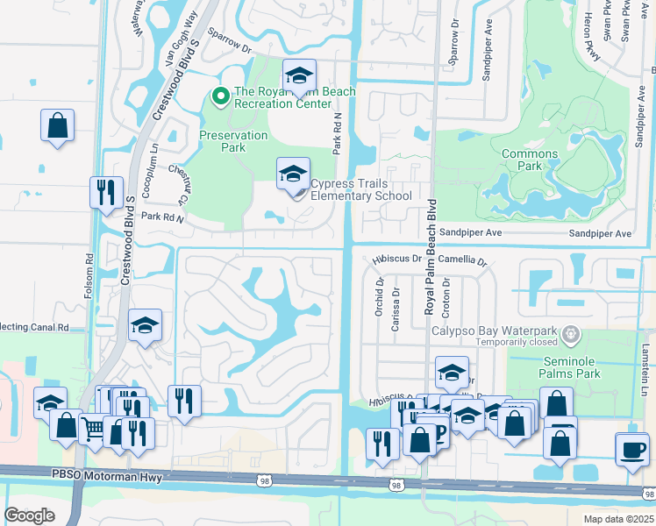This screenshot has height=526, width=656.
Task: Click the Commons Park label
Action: [x=529, y=160]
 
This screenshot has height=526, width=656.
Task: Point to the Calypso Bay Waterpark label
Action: [x=494, y=331]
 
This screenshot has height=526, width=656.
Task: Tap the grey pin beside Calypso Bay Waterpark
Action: [x=572, y=333]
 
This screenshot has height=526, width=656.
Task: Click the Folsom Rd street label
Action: [x=89, y=276]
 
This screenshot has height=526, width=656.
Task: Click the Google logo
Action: [x=30, y=515]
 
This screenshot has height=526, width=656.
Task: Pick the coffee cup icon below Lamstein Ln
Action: [x=631, y=449]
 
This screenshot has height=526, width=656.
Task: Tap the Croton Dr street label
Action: [x=446, y=295]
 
